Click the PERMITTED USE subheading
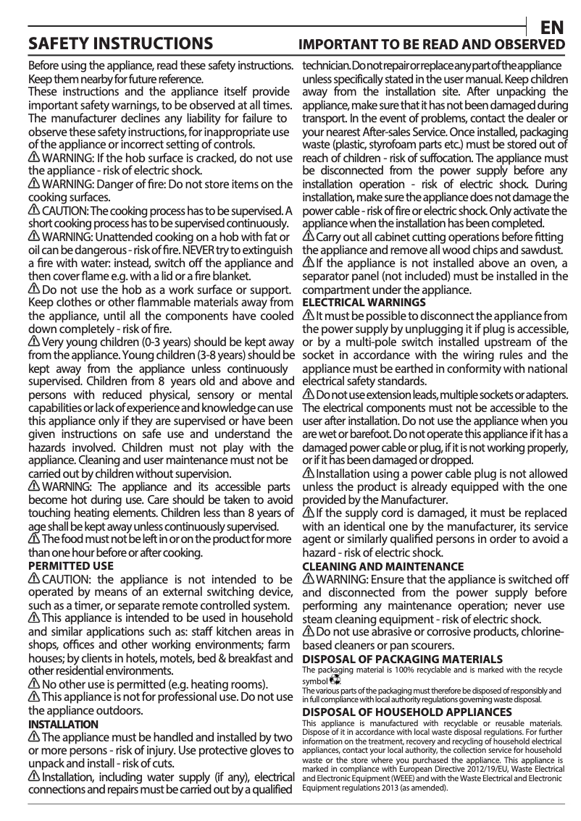coord(70,565)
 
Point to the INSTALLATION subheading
coord(63,724)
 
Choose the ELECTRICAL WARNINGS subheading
coord(363,302)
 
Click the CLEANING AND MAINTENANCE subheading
coord(383,566)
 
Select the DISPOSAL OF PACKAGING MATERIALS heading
coord(402,659)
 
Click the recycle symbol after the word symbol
coord(334,681)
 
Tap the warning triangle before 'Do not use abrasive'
coord(309,632)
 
